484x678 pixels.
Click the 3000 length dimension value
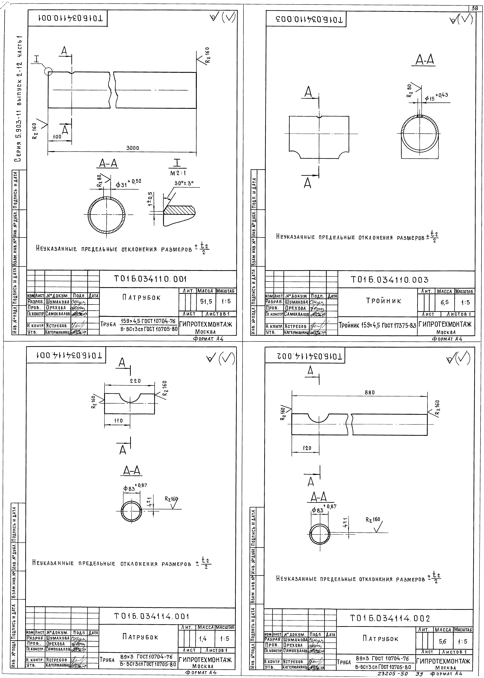click(x=133, y=148)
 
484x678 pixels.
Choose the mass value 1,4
click(x=203, y=639)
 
